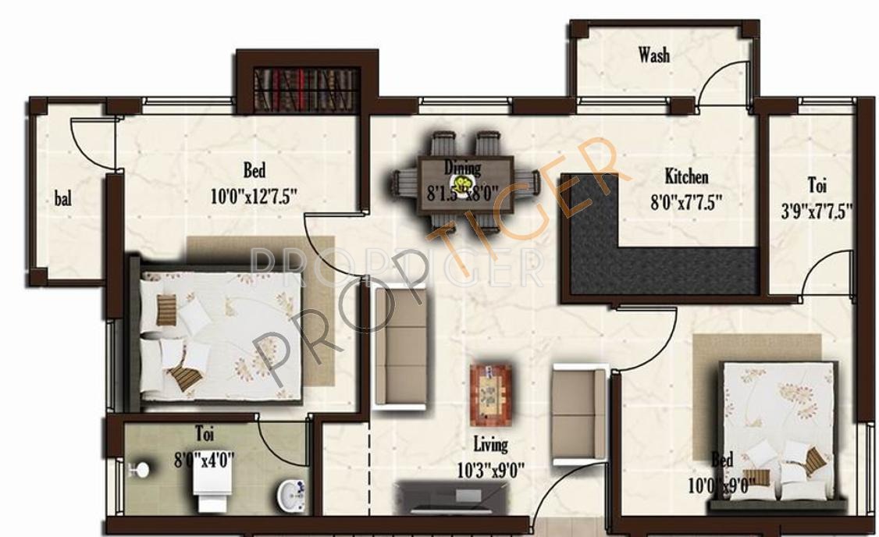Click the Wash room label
coord(653,55)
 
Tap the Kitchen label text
coord(686,176)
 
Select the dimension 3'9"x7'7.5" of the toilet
coord(817,210)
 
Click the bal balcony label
coord(63,198)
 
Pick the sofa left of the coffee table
coord(400,347)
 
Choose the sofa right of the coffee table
coord(578,414)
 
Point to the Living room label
coord(490,445)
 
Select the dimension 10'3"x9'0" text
coord(489,470)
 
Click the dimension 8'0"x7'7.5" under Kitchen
coord(686,202)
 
